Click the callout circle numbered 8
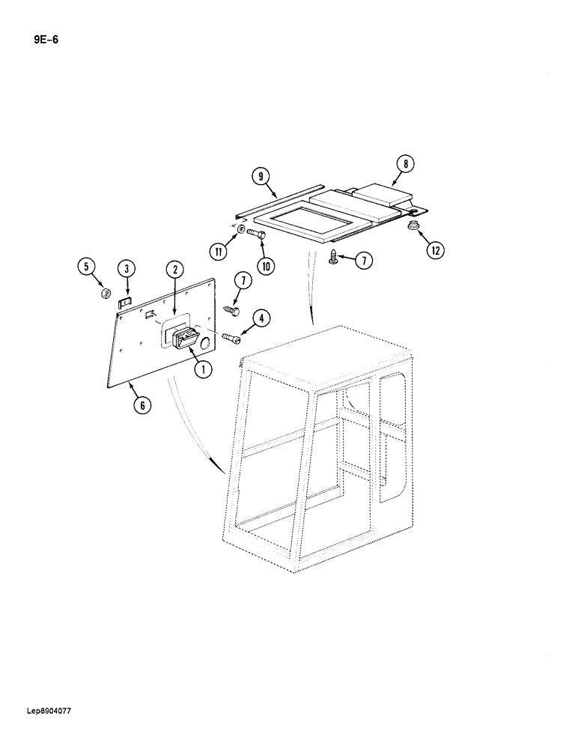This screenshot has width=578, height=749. point(405,164)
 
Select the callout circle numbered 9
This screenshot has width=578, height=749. point(261,177)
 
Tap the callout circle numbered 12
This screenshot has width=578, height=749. point(433,251)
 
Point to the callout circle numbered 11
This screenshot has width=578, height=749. point(219,252)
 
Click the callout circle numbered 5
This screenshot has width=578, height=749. point(88,266)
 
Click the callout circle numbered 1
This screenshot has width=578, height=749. point(201,368)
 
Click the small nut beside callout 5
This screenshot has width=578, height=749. point(106,293)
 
